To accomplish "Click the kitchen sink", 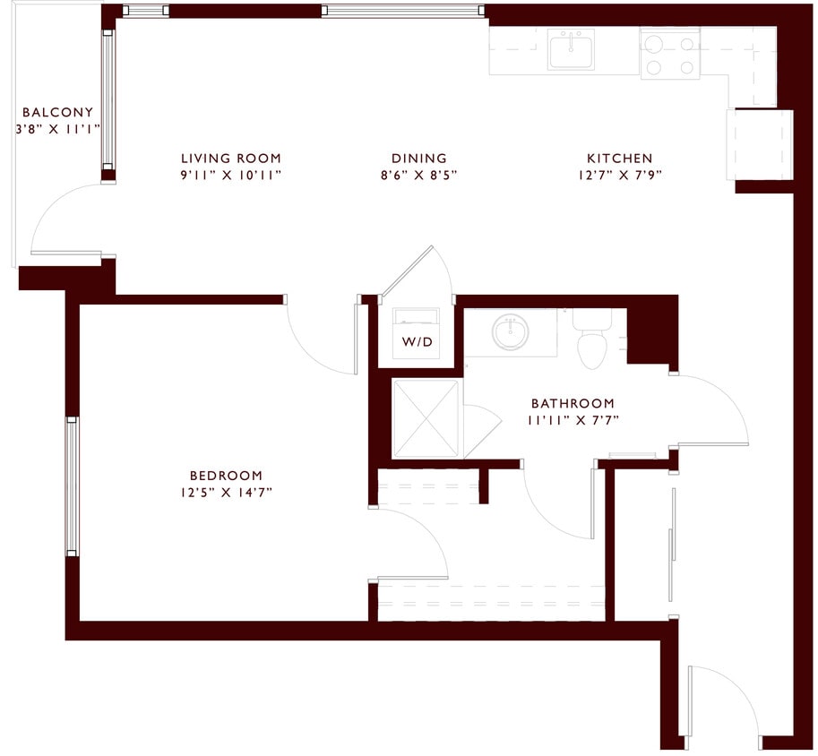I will pos(572,51).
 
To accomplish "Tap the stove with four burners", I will pos(669,54).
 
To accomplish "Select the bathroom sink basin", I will pos(511,332).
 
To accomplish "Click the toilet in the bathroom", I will pos(592,341).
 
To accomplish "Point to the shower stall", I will pos(426,418).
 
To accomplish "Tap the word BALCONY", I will pos(57,113).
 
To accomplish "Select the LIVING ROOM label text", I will pos(230,159).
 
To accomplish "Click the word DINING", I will pos(418,159).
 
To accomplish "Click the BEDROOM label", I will pos(226,476).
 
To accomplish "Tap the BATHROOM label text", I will pos(573,404).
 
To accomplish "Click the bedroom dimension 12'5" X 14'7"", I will pos(226,492).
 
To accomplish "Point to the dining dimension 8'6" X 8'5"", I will pos(418,176).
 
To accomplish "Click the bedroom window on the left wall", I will pos(72,485).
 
